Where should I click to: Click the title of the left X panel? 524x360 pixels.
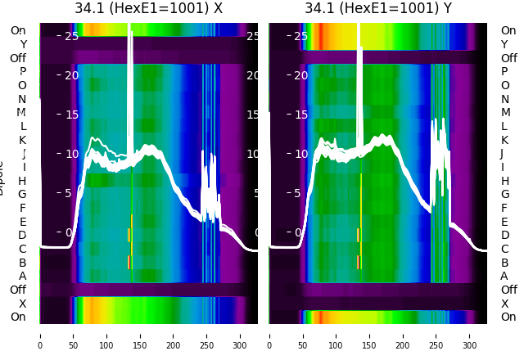coord(148,9)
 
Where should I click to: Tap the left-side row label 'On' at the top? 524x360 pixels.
coord(18,30)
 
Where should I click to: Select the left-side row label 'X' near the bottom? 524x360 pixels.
coord(22,304)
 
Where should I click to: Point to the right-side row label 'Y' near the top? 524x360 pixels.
coord(504,44)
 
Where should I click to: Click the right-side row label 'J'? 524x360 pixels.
coord(502,154)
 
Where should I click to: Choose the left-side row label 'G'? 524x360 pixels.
coord(22,195)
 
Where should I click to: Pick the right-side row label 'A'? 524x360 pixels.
coord(504,276)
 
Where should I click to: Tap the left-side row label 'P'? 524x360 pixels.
coord(22,71)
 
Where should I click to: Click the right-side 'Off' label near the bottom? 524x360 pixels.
coord(508,290)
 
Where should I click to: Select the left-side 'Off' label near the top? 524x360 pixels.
coord(18,58)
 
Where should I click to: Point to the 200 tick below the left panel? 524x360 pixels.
coord(174,335)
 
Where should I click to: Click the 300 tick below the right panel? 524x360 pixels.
coord(470,335)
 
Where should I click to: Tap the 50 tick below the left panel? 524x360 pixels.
coord(73,335)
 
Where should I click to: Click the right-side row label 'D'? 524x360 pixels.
coord(504,235)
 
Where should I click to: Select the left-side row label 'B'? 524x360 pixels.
coord(22,263)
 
